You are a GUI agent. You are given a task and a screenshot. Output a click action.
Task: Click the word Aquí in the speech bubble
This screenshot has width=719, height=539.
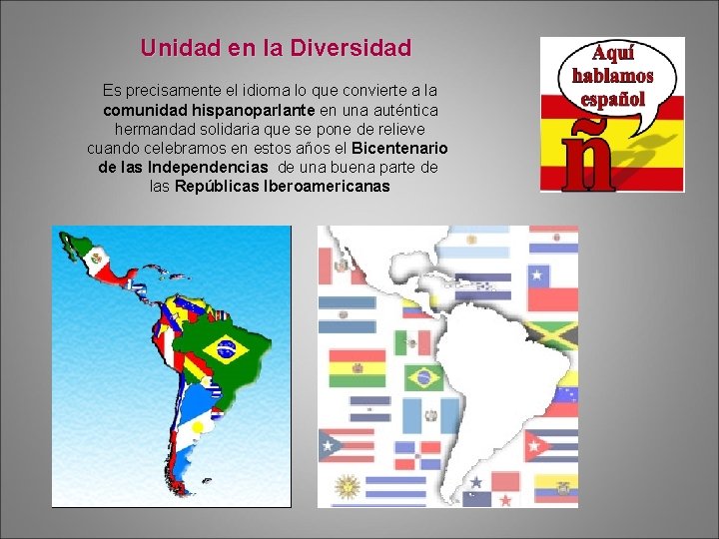[612, 53]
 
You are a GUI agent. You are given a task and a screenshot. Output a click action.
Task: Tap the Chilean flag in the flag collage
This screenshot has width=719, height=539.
[552, 285]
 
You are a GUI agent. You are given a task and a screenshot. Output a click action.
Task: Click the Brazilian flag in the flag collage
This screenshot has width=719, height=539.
[423, 378]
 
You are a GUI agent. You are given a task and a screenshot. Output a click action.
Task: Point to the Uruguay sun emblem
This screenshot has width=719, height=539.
[347, 488]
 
